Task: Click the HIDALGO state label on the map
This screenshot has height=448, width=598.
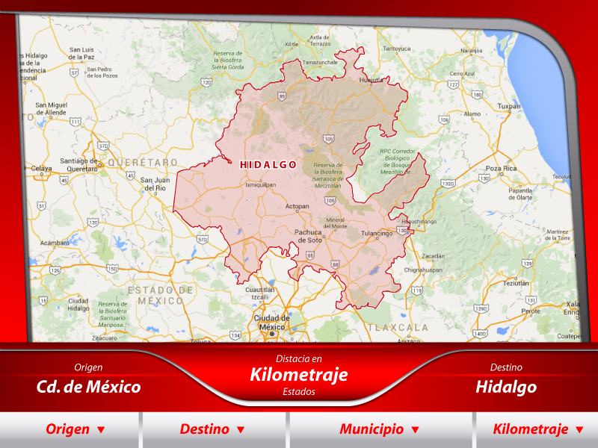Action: click(x=268, y=164)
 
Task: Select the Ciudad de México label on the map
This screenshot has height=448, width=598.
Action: click(x=271, y=322)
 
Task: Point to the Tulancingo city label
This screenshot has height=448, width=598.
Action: click(x=377, y=234)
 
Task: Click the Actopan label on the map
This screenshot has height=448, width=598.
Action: click(x=298, y=206)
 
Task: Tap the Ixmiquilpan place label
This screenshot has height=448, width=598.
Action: click(x=260, y=184)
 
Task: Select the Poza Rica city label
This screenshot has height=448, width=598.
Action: click(x=501, y=169)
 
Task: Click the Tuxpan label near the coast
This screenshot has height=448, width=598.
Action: click(x=509, y=106)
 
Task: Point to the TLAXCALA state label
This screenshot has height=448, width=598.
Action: click(x=398, y=327)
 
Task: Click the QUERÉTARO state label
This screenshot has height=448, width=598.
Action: click(x=143, y=162)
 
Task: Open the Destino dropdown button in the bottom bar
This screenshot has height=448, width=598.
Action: click(x=212, y=429)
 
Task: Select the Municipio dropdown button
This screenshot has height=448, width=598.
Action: click(x=379, y=429)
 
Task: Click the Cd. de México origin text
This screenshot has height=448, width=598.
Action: click(x=88, y=387)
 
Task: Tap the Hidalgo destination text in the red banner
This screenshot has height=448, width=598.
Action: click(x=506, y=387)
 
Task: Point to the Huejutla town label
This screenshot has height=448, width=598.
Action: click(x=371, y=79)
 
